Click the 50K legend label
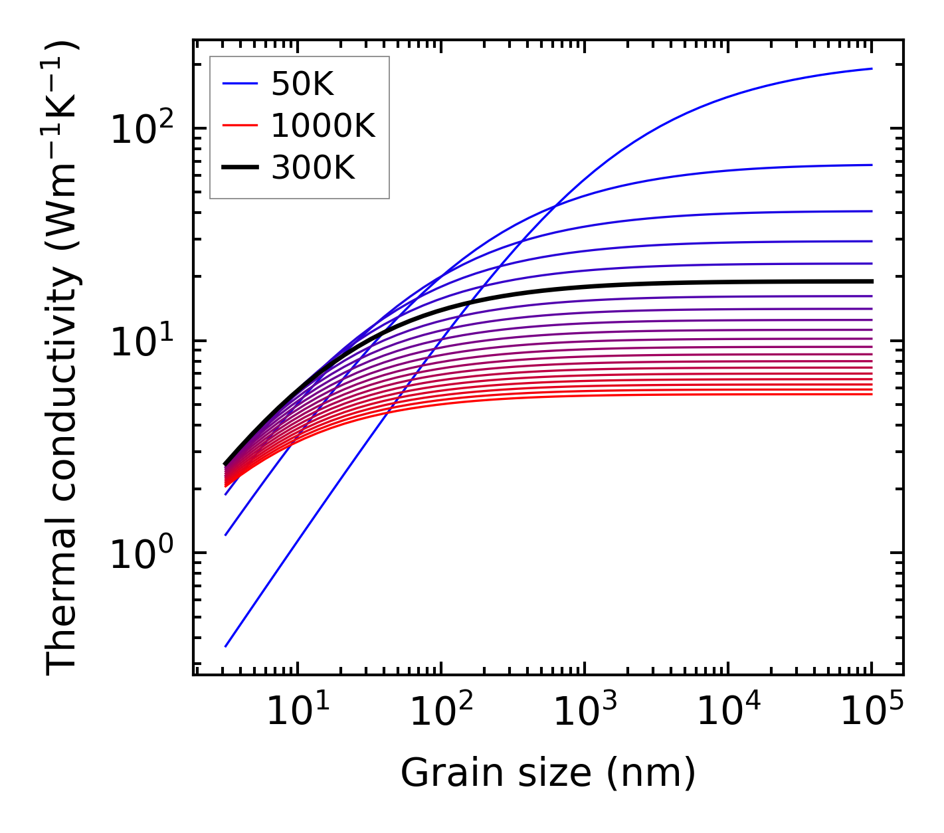[302, 84]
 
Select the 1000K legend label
[323, 126]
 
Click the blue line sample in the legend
[239, 84]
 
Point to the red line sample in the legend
[239, 126]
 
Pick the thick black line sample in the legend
[239, 169]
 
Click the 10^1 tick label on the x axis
[297, 712]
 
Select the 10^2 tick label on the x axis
[440, 712]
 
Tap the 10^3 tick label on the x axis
[584, 712]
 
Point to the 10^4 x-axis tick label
[727, 712]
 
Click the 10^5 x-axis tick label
[871, 712]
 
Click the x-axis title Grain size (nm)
[548, 773]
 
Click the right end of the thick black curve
[871, 281]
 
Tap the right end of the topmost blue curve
[871, 68]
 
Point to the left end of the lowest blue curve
[226, 646]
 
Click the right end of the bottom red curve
[871, 395]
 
